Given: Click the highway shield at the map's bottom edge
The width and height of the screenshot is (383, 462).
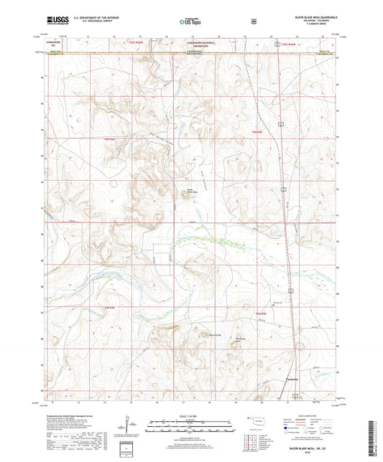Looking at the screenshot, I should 294,395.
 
